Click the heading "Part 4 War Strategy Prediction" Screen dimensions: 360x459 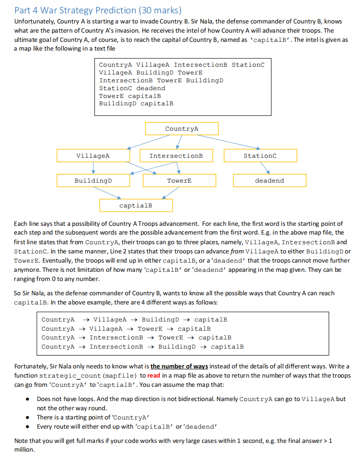tap(75, 11)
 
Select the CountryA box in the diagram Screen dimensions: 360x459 tap(181, 128)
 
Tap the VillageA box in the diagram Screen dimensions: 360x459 tap(93, 156)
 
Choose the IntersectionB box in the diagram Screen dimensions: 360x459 tap(176, 156)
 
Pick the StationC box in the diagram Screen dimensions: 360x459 tap(260, 156)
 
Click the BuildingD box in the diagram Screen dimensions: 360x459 tap(93, 181)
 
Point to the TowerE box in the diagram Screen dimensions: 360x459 tap(179, 181)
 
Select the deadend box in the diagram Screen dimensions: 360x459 tap(269, 181)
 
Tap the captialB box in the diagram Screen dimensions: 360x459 tap(136, 206)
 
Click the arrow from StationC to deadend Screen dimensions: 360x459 tap(265, 168)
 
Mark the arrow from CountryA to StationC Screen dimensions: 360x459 tap(228, 142)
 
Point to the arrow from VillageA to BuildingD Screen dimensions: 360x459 tap(93, 168)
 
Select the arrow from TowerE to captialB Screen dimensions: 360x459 tap(171, 193)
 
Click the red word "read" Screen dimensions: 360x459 tap(153, 376)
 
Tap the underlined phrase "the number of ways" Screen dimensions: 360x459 tap(179, 367)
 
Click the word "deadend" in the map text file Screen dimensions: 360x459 tap(151, 88)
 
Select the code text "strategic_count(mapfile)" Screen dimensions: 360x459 tap(88, 376)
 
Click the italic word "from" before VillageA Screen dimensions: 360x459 tap(237, 252)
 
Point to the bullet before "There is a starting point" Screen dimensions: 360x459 tap(27, 418)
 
